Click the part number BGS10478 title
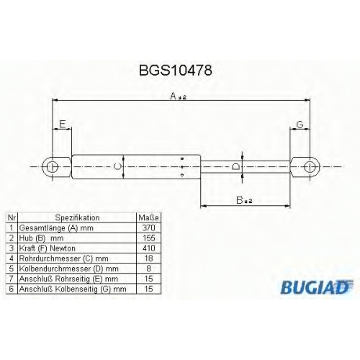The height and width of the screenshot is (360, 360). [x=176, y=71]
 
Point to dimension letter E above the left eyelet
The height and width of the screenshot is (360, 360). [x=63, y=124]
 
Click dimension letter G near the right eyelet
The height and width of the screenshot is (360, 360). [x=300, y=125]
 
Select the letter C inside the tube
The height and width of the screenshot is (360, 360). [x=117, y=166]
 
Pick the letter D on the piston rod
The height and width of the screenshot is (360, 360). [x=235, y=166]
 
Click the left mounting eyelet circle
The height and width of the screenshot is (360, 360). [x=52, y=167]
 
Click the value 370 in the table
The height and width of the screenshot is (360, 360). [x=149, y=228]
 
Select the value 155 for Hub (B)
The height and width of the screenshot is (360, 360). [x=149, y=238]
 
